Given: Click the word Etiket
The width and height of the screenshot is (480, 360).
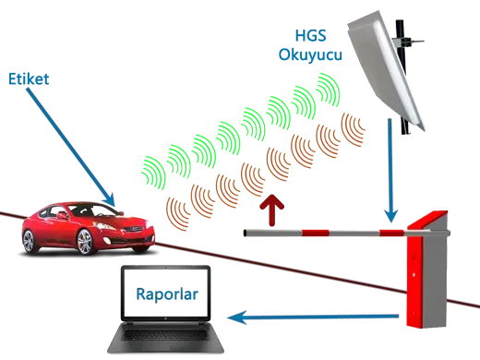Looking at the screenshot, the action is click(29, 79).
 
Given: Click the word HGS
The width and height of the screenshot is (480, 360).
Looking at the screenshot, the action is click(310, 35).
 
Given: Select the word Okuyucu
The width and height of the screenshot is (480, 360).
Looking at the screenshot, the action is click(310, 55).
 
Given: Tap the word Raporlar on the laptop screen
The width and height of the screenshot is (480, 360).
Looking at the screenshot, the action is click(167, 294).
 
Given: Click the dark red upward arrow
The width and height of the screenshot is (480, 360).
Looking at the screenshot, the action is click(271, 210).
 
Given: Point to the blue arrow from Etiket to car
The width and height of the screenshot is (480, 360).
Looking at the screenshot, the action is click(70, 147).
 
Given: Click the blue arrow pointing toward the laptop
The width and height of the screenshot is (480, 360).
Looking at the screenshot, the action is click(313, 317).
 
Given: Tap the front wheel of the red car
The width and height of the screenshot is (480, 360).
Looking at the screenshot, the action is click(86, 242).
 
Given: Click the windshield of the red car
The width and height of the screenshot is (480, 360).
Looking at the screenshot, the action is click(93, 210).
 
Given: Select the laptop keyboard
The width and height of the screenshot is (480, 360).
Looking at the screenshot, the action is click(166, 335).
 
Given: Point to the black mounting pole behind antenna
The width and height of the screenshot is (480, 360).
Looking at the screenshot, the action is click(402, 76).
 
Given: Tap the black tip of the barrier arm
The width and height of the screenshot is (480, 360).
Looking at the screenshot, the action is click(245, 233).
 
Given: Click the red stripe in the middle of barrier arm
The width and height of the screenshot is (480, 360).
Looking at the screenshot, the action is click(315, 233).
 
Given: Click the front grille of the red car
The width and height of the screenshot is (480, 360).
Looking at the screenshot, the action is click(133, 229).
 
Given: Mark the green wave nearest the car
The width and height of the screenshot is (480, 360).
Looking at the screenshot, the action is click(153, 173).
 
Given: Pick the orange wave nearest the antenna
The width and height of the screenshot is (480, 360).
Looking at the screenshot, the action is click(353, 129).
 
